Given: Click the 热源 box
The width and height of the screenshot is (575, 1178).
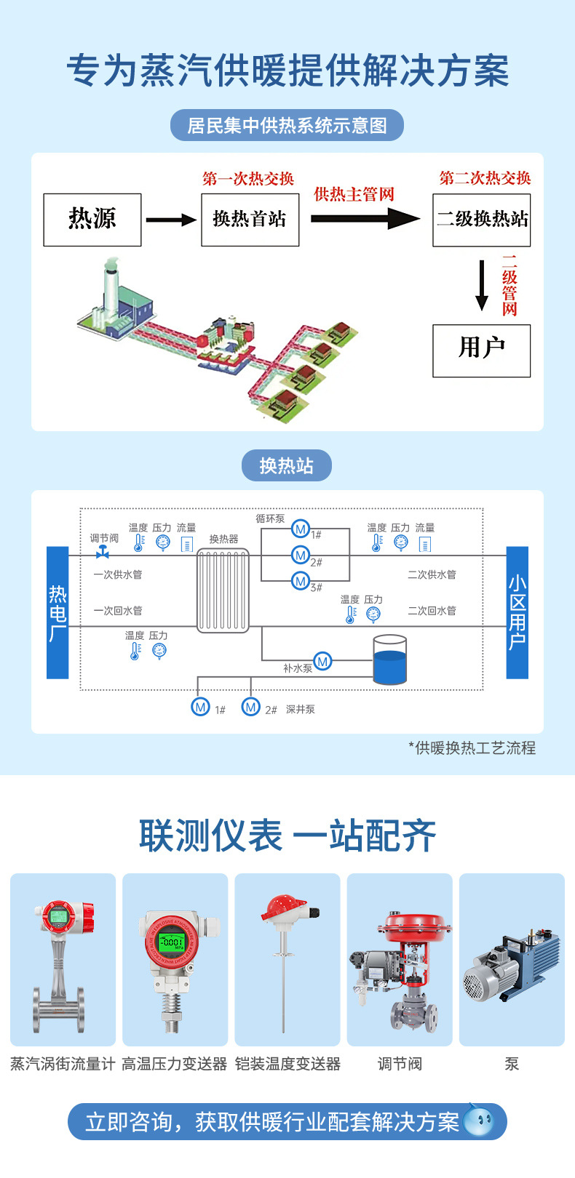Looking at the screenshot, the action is pyautogui.click(x=92, y=220).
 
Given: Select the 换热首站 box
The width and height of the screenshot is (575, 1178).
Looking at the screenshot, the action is pyautogui.click(x=250, y=220).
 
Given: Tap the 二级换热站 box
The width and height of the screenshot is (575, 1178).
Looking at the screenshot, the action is pyautogui.click(x=481, y=220).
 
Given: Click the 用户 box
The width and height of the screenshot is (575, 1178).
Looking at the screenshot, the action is pyautogui.click(x=481, y=350).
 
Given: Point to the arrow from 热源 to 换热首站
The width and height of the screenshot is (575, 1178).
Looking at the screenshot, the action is pyautogui.click(x=171, y=220).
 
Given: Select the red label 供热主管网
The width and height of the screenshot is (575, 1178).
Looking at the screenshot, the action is pyautogui.click(x=354, y=194).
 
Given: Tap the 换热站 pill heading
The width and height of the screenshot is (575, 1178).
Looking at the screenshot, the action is pyautogui.click(x=286, y=465).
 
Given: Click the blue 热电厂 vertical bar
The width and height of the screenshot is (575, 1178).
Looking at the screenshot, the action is pyautogui.click(x=57, y=612).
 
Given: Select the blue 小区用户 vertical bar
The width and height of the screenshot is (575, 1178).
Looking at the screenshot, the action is pyautogui.click(x=517, y=612).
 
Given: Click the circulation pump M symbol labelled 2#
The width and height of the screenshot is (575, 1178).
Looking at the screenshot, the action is pyautogui.click(x=300, y=556).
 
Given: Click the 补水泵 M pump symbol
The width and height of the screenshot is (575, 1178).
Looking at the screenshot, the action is pyautogui.click(x=322, y=661).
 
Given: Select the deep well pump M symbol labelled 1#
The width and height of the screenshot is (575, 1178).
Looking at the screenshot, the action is pyautogui.click(x=200, y=706).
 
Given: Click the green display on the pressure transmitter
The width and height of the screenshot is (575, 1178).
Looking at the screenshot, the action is pyautogui.click(x=173, y=942).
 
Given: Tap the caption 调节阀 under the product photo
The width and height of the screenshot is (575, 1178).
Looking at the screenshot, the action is pyautogui.click(x=400, y=1064).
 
